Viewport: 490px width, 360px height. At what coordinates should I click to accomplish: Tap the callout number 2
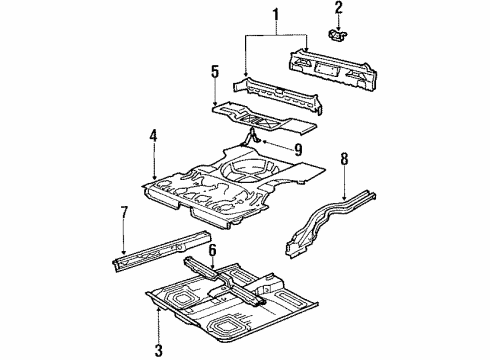(x=338, y=10)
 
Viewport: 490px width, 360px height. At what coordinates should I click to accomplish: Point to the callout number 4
(x=153, y=135)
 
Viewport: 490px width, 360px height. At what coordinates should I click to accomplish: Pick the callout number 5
(x=213, y=71)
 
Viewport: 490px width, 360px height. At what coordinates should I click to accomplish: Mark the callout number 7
(x=123, y=212)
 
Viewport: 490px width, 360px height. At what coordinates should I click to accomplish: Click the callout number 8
(x=344, y=157)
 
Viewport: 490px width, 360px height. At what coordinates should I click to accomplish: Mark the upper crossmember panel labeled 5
(x=265, y=115)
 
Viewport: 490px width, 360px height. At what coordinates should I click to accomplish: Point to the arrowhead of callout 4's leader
(x=153, y=181)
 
